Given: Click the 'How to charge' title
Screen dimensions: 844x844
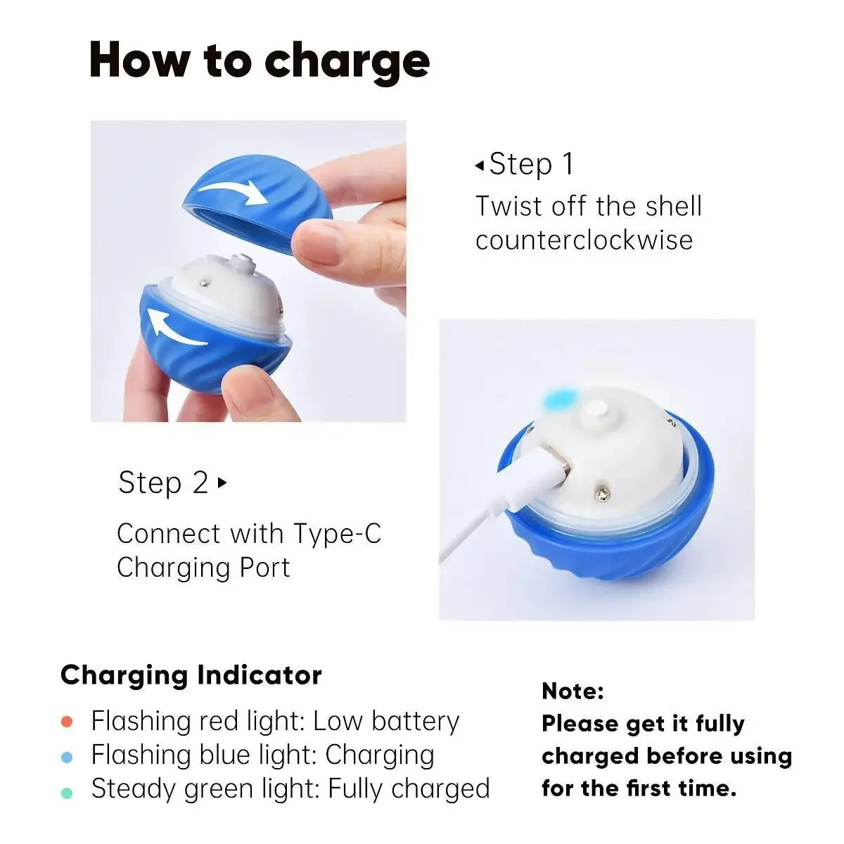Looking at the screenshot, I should [x=260, y=61].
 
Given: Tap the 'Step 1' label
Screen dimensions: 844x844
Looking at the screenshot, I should [x=531, y=165].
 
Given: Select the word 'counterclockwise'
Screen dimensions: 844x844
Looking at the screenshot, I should [x=584, y=241].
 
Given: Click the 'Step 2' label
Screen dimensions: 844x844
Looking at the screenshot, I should [x=163, y=483].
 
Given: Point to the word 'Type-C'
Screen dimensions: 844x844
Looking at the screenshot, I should [x=337, y=534].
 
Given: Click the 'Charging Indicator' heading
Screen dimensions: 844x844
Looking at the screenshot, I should [x=191, y=675].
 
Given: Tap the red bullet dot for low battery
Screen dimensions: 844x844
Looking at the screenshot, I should [x=68, y=722].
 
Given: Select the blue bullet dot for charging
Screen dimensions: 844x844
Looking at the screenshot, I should [x=68, y=757].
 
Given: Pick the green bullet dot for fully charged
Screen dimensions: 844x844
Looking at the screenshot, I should [x=68, y=793].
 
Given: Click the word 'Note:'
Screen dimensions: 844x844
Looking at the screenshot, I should [x=573, y=691].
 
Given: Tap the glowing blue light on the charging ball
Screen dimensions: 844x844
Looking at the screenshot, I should [x=560, y=400].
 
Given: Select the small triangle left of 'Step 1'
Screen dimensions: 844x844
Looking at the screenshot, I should [x=479, y=166].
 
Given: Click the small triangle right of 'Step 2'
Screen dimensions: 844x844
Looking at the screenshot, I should [x=222, y=483].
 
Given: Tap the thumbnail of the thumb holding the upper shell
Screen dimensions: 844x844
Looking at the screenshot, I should [x=318, y=243].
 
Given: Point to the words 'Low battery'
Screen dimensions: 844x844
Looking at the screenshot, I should [x=386, y=722].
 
